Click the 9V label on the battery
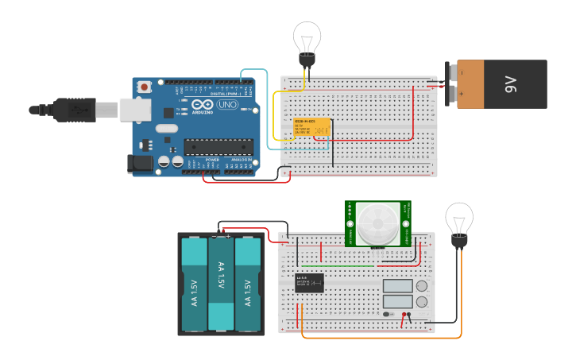(512, 84)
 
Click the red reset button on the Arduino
(144, 86)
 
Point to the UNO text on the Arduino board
(227, 105)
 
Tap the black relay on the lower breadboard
(309, 283)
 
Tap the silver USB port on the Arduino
(135, 109)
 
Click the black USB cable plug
(76, 110)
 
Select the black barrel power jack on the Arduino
(140, 164)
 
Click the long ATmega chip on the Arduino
(218, 145)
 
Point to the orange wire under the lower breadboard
(381, 337)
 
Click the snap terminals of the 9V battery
(452, 84)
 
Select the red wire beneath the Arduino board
(246, 181)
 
